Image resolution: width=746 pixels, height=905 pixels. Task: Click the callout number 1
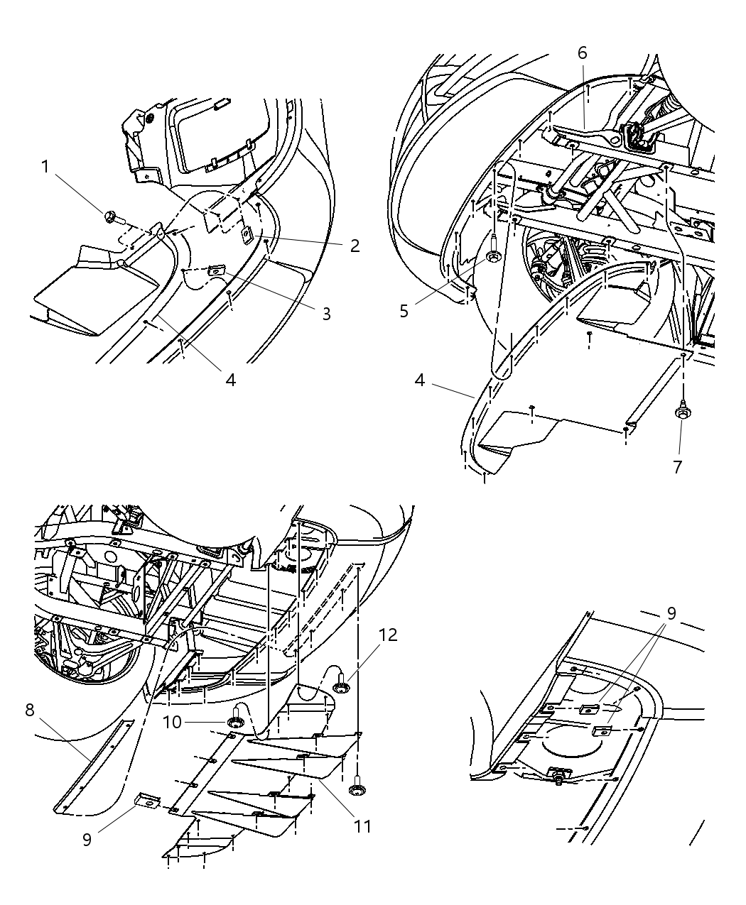(x=45, y=167)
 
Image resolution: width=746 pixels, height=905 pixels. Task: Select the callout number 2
(x=354, y=246)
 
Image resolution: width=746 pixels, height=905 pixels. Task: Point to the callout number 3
(x=326, y=313)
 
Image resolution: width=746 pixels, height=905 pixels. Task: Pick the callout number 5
(x=404, y=311)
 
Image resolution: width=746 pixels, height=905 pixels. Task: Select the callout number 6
(x=582, y=52)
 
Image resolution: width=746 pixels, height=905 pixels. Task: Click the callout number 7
(x=677, y=466)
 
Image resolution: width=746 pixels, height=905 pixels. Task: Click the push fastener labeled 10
(x=234, y=722)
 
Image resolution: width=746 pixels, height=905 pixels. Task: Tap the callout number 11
(x=363, y=826)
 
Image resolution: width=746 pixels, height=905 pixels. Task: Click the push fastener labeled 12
(x=341, y=685)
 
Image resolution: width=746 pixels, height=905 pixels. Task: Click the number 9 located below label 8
(x=87, y=839)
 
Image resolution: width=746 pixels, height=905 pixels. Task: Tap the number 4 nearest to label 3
(x=230, y=379)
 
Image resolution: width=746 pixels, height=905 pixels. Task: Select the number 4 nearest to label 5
(x=420, y=380)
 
